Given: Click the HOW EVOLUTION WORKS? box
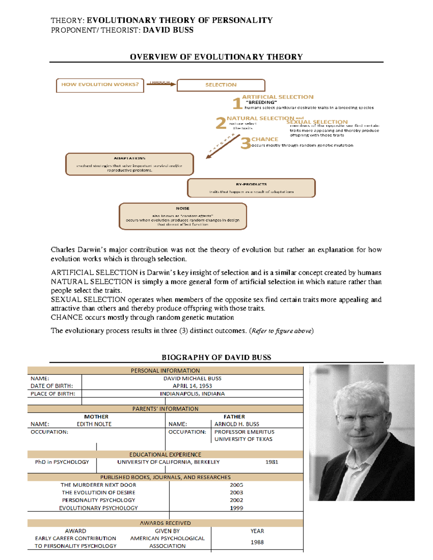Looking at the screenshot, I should click(x=100, y=85).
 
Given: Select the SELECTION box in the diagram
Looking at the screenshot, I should click(x=221, y=85).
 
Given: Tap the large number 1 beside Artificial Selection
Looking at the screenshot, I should click(x=237, y=103).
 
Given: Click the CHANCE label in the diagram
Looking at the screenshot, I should click(x=264, y=139).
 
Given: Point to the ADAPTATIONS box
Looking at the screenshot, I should click(x=129, y=164).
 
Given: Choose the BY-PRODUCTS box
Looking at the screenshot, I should click(x=251, y=188).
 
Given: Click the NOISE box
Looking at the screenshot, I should click(x=183, y=216).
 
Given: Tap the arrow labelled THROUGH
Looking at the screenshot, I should click(x=161, y=84).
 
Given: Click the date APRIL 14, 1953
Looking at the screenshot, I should click(x=192, y=386).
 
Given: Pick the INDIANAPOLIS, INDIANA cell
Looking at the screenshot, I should click(x=192, y=394).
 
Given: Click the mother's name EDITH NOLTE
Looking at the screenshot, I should click(x=94, y=424).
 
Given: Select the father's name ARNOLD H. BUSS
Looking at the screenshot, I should click(x=237, y=424).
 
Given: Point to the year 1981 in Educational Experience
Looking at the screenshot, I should click(x=272, y=462).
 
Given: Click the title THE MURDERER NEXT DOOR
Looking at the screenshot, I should click(x=98, y=485).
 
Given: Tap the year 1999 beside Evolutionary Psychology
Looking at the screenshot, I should click(x=236, y=508).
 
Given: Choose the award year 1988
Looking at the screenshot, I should click(x=257, y=542).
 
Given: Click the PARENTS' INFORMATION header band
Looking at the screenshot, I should click(x=165, y=409).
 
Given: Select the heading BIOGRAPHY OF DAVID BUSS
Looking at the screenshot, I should click(x=216, y=357).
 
